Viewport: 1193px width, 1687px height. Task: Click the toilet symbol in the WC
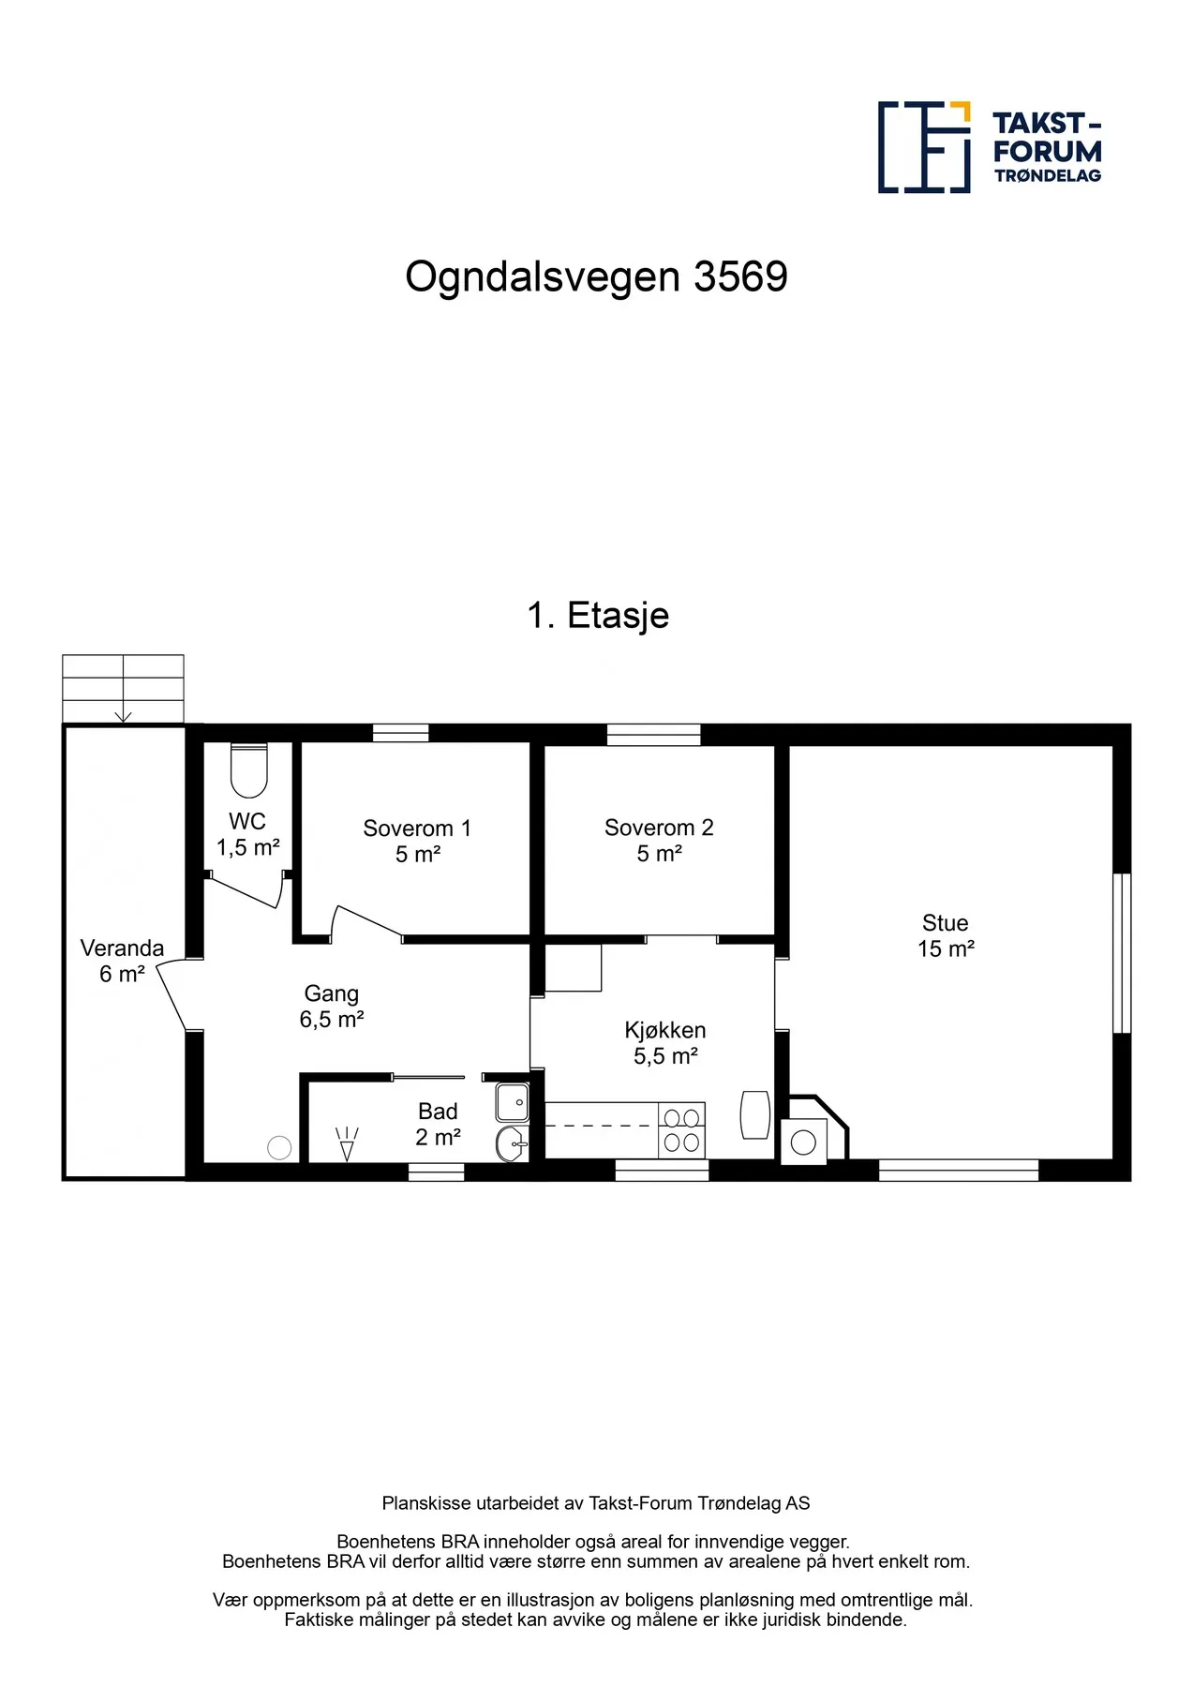click(x=249, y=769)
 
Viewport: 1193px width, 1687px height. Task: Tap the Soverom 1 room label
click(x=417, y=841)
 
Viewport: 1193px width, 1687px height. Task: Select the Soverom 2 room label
click(x=659, y=840)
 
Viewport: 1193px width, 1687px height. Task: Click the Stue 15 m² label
click(x=945, y=935)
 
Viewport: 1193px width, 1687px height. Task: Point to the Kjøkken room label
click(x=664, y=1042)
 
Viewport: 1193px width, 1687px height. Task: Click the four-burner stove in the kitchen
click(x=681, y=1130)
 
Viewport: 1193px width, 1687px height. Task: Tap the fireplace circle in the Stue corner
click(x=803, y=1142)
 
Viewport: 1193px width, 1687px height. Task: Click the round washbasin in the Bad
click(x=511, y=1143)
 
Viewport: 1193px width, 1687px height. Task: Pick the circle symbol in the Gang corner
click(x=279, y=1147)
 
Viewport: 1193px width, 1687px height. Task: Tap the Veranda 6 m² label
click(x=122, y=961)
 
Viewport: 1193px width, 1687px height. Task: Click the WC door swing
click(x=246, y=891)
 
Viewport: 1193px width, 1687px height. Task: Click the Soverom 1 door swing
click(x=365, y=922)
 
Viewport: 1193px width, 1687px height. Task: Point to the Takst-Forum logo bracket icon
click(x=924, y=147)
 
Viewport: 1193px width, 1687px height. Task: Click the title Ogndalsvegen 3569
click(x=596, y=276)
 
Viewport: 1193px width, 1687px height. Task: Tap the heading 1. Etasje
click(x=598, y=616)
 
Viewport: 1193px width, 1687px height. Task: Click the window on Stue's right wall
click(x=1121, y=952)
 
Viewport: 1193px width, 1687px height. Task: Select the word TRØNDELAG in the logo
click(x=1048, y=175)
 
